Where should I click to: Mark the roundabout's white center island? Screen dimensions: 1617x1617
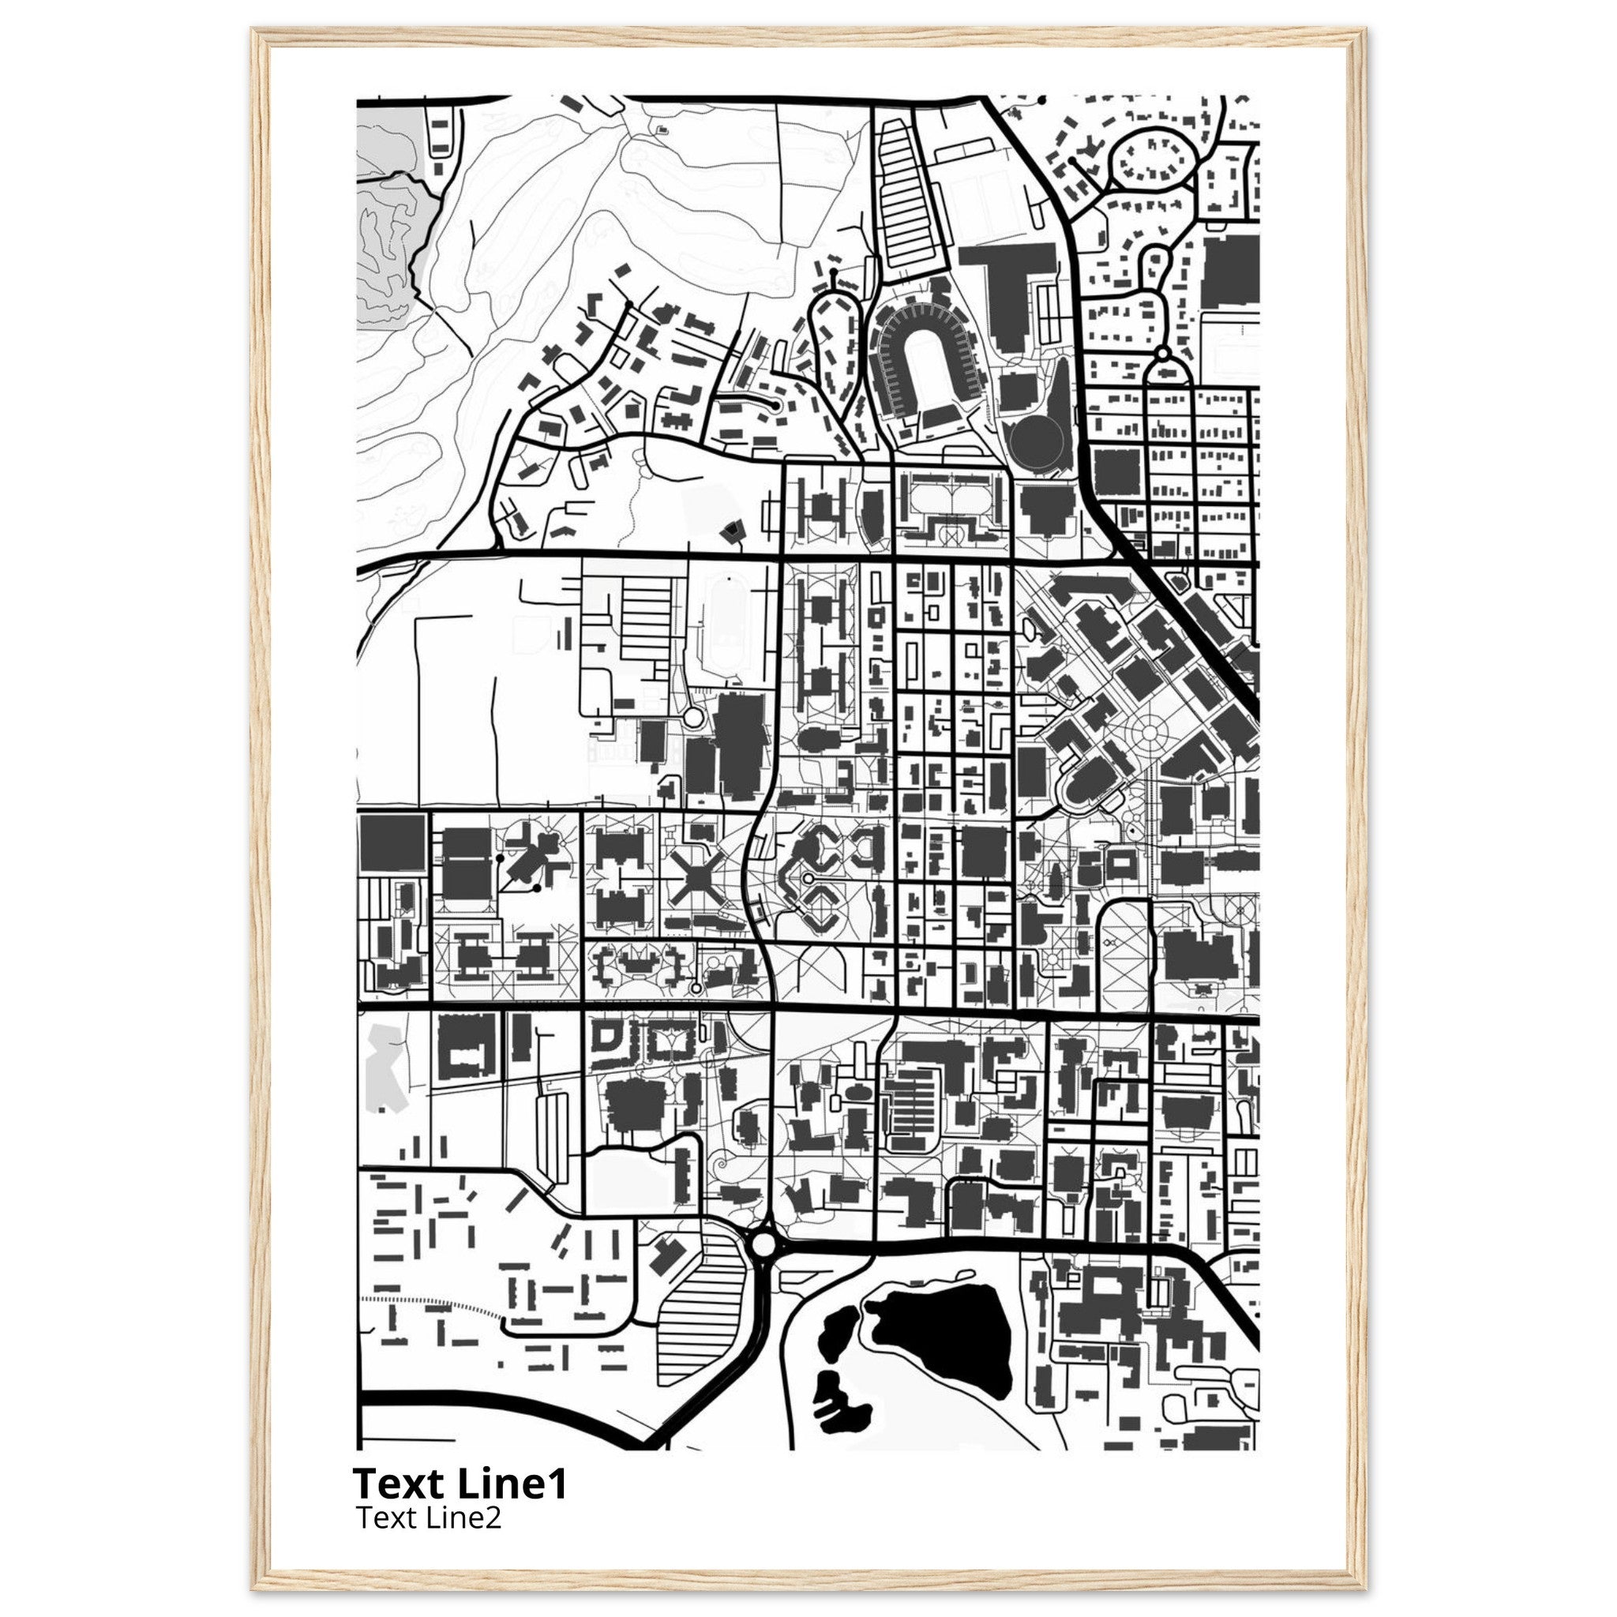click(x=763, y=1267)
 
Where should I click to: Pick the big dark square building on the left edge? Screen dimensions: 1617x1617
click(x=392, y=842)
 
